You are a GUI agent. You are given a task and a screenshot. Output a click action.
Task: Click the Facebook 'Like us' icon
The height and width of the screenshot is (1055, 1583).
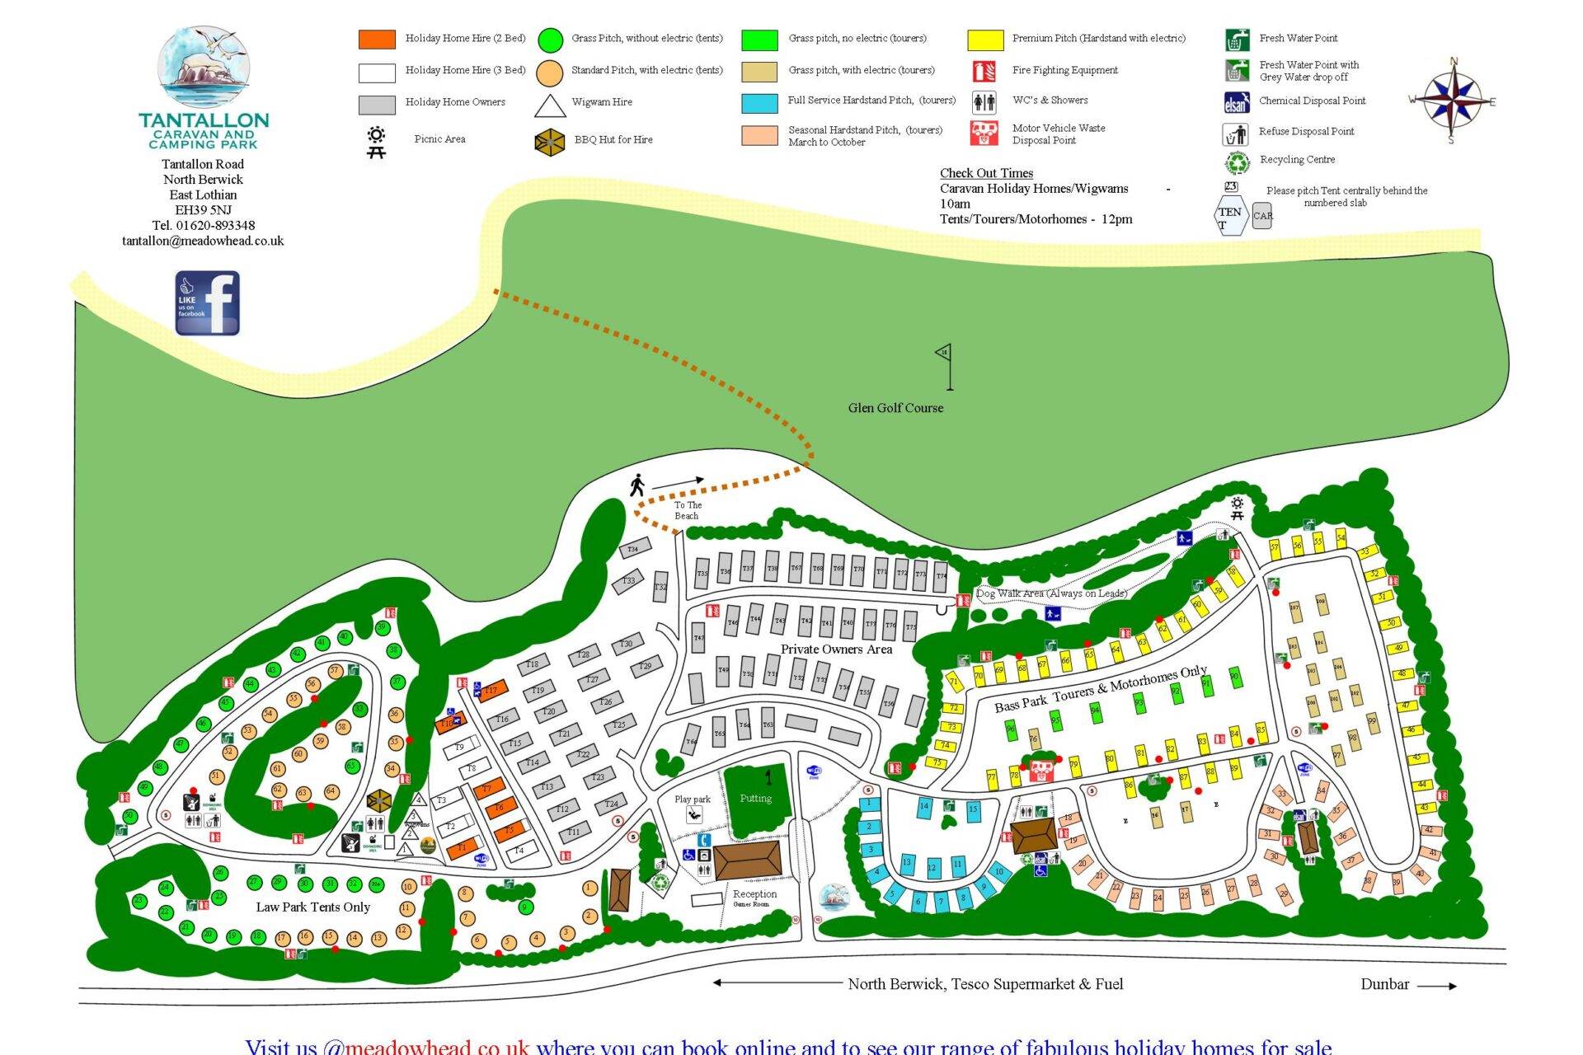207,302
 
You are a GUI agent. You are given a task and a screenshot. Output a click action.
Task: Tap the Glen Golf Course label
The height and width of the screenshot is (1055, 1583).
895,408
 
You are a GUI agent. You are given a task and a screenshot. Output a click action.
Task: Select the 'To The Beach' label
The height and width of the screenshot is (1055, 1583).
688,510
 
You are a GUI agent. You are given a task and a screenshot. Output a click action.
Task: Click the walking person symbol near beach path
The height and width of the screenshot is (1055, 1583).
636,485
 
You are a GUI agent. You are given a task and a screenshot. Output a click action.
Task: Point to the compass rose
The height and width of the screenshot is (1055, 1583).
1453,101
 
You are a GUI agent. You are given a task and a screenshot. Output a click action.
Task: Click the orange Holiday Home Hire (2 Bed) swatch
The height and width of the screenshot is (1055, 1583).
377,39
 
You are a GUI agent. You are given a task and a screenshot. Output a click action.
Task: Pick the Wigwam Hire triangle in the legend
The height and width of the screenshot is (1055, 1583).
550,105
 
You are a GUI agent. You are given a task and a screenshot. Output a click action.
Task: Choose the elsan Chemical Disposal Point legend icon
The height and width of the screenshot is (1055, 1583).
1236,102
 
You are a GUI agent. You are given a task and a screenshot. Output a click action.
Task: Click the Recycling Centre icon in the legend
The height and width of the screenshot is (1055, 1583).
1237,162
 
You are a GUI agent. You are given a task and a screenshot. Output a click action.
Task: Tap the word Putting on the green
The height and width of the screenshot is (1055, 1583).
755,798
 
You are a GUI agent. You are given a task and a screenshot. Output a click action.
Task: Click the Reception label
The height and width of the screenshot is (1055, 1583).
754,893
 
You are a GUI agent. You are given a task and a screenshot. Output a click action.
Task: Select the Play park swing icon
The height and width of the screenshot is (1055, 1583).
694,814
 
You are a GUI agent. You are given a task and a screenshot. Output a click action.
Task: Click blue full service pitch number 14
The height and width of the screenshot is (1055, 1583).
924,807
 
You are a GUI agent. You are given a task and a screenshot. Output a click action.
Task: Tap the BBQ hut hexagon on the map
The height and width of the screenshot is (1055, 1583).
378,799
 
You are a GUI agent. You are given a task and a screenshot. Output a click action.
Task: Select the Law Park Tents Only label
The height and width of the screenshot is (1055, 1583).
312,907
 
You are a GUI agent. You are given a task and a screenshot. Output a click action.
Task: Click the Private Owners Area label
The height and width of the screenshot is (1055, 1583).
836,649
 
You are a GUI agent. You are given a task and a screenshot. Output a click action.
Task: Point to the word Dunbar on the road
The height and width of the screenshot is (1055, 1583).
1384,984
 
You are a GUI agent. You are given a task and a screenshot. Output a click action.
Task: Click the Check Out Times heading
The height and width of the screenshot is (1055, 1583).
986,173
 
